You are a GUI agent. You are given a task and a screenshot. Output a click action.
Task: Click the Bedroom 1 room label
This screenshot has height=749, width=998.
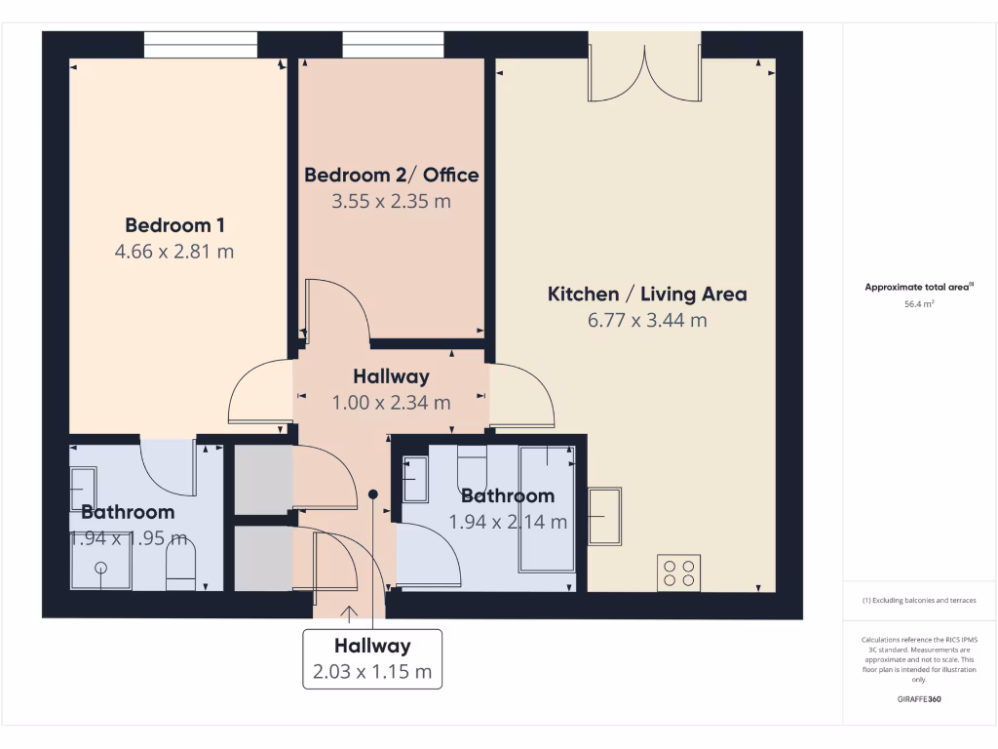pyautogui.click(x=175, y=225)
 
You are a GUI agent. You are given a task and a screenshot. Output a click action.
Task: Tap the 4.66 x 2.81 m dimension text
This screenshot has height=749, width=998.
pyautogui.click(x=174, y=251)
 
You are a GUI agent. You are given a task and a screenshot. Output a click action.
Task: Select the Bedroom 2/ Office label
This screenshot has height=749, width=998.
pyautogui.click(x=392, y=176)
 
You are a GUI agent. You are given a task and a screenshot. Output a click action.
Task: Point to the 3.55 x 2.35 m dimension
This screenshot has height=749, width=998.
pyautogui.click(x=392, y=202)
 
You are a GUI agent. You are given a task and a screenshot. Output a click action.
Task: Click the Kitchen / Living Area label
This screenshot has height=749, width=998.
pyautogui.click(x=647, y=294)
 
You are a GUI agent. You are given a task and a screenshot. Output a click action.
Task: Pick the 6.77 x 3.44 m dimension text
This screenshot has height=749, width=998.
pyautogui.click(x=647, y=320)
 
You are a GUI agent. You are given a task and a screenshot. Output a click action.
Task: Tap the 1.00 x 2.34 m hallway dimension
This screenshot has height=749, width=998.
pyautogui.click(x=391, y=402)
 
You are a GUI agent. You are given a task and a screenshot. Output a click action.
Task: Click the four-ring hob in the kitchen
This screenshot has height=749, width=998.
pyautogui.click(x=678, y=572)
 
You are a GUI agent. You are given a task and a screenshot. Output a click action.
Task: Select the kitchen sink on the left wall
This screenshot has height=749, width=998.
pyautogui.click(x=605, y=516)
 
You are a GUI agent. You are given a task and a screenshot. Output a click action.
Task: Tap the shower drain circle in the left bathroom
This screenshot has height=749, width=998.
pyautogui.click(x=100, y=568)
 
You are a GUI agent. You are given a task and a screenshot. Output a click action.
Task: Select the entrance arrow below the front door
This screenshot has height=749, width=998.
pyautogui.click(x=349, y=613)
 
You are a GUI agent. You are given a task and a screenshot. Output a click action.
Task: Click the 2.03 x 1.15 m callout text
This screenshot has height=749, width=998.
pyautogui.click(x=372, y=672)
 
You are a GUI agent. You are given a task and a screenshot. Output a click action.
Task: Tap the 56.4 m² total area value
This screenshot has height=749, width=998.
pyautogui.click(x=920, y=304)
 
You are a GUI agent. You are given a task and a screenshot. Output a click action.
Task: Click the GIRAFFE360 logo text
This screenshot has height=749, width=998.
pyautogui.click(x=920, y=699)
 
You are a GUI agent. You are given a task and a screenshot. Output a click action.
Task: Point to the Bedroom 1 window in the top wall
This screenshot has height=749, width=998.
pyautogui.click(x=201, y=45)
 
